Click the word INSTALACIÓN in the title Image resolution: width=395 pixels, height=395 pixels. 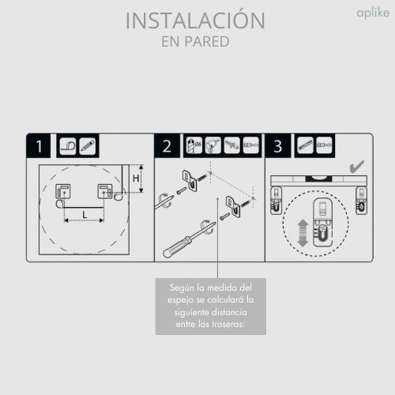196,20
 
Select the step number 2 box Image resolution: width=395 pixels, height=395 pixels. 167,146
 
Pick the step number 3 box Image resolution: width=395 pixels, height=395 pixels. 278,146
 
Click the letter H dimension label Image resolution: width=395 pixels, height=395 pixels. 135,179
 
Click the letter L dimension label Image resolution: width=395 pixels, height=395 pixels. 85,214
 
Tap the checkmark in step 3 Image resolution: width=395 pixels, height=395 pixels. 356,167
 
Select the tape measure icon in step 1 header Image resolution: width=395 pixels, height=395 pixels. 68,146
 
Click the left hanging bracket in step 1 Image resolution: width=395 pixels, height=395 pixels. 61,193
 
